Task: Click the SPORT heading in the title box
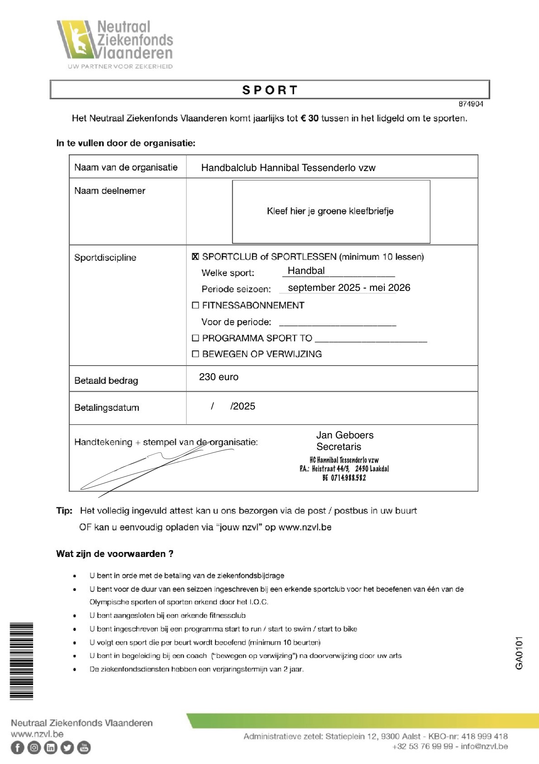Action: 270,90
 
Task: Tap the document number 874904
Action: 471,104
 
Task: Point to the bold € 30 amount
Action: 309,119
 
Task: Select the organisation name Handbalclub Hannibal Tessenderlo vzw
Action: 288,168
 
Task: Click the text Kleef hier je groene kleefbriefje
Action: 330,211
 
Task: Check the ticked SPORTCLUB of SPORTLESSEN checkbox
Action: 196,257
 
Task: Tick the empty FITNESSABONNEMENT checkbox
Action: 196,305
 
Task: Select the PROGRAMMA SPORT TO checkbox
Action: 196,338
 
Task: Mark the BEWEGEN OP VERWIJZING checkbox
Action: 196,354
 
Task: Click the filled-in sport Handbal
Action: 306,271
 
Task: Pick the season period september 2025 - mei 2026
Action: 349,288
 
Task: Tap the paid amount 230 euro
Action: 218,377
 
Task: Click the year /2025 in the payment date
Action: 243,406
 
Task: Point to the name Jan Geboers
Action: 345,435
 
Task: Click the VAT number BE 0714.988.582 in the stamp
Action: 344,478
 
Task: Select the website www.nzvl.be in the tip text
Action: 305,527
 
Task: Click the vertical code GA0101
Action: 519,653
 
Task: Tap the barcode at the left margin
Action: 22,661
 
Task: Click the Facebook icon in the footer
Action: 17,747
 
